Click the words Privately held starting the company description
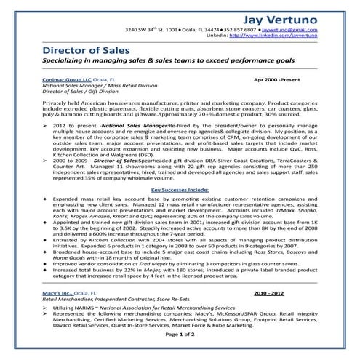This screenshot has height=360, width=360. [x=63, y=106]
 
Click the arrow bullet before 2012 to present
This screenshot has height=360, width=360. [x=47, y=126]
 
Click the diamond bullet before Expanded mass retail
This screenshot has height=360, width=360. [x=47, y=197]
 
